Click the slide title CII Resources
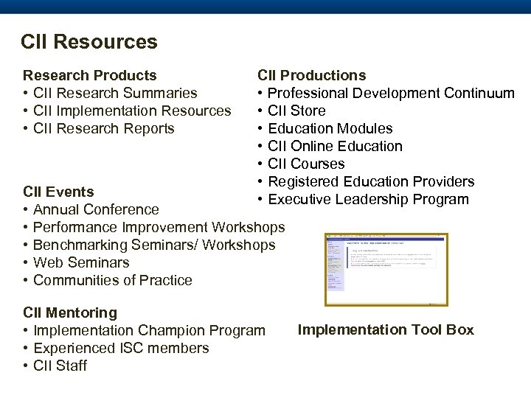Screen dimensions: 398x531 (89, 42)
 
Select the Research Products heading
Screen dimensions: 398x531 (90, 75)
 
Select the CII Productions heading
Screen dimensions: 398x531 (311, 75)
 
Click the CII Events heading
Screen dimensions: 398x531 (58, 192)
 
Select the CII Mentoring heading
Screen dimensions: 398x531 (70, 313)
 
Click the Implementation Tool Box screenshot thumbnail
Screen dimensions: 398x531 (386, 269)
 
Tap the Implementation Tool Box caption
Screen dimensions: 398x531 (386, 329)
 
